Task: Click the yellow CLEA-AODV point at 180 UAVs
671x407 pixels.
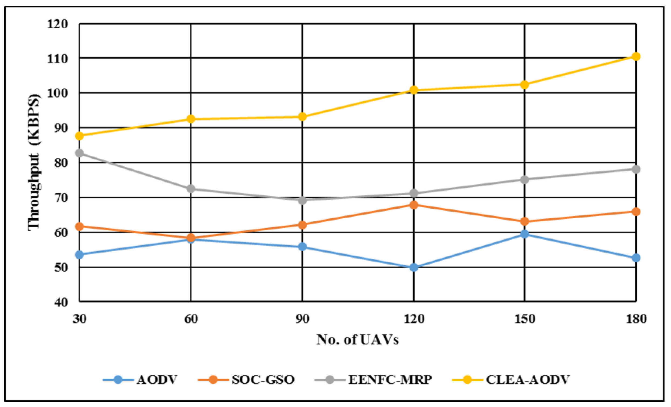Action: [x=636, y=56]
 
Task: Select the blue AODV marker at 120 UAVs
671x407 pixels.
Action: [x=414, y=267]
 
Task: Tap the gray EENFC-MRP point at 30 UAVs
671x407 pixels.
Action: [x=79, y=153]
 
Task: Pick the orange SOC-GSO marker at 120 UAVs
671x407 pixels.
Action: [x=414, y=205]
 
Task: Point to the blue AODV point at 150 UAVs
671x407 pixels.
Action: [x=525, y=234]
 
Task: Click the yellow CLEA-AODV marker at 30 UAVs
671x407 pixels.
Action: [x=79, y=136]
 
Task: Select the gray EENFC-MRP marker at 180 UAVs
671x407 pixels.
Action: [x=636, y=169]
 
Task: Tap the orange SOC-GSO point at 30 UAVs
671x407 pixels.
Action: [x=79, y=226]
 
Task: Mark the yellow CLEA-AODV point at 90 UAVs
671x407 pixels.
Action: [x=302, y=117]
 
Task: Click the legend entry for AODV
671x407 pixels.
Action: [x=157, y=379]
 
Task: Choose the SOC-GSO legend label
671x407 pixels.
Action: [x=263, y=379]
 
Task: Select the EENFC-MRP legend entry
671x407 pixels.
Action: [x=390, y=379]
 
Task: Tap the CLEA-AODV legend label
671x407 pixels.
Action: [x=528, y=379]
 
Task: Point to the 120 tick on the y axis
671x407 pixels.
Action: [x=58, y=24]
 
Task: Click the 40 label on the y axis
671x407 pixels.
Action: [x=61, y=302]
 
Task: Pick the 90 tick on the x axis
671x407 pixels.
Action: [x=302, y=319]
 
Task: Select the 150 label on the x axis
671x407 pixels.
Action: [x=525, y=319]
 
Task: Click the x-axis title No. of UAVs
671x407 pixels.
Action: [x=357, y=340]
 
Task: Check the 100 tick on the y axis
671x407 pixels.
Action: [x=58, y=93]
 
